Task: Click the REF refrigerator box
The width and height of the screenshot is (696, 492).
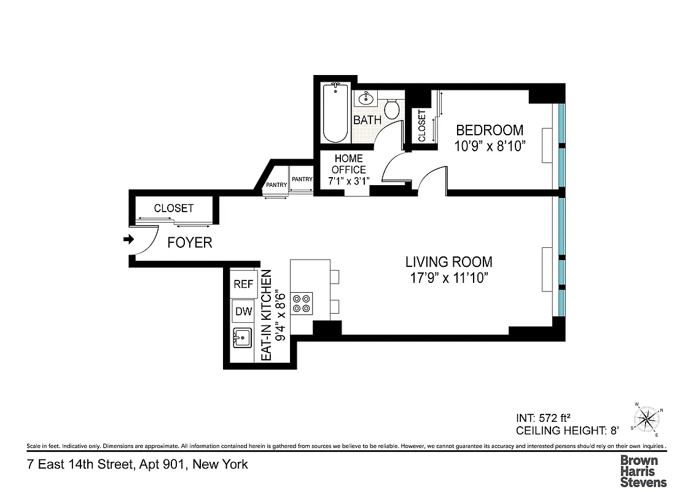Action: [243, 284]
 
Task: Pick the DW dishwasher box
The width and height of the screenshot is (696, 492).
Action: [243, 311]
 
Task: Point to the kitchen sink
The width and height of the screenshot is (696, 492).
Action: [242, 338]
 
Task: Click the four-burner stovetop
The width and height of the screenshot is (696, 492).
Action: [302, 303]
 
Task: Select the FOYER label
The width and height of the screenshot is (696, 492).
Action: [190, 243]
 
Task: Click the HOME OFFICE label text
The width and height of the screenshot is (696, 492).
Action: [349, 164]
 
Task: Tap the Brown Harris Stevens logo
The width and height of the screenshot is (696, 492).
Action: [643, 470]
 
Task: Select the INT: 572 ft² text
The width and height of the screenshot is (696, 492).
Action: [545, 418]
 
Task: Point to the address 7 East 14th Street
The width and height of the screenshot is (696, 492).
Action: [137, 464]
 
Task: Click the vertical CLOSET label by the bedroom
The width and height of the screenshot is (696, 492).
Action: [422, 126]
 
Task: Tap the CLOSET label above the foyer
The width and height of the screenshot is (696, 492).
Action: [173, 208]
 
